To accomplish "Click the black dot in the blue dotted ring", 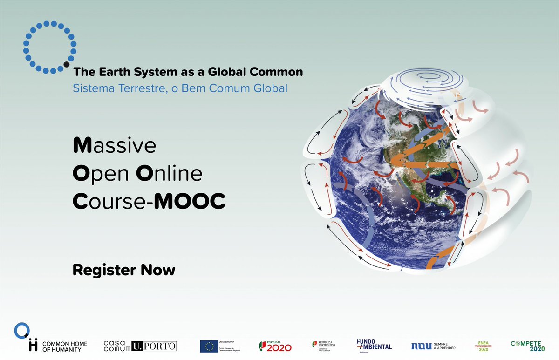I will tap(66, 64).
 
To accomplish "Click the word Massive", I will tap(114, 146).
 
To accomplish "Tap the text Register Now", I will tap(124, 270).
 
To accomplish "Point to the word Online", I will tap(169, 174).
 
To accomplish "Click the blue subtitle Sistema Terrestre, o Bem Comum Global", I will tap(180, 88).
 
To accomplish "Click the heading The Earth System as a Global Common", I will tap(188, 72).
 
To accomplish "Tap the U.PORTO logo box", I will tap(154, 346).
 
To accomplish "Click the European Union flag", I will tap(209, 346).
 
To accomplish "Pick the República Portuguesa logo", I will tap(324, 345).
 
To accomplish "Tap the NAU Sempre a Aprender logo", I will tap(433, 346).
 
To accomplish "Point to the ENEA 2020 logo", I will tap(482, 345).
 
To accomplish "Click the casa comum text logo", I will tap(116, 345).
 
